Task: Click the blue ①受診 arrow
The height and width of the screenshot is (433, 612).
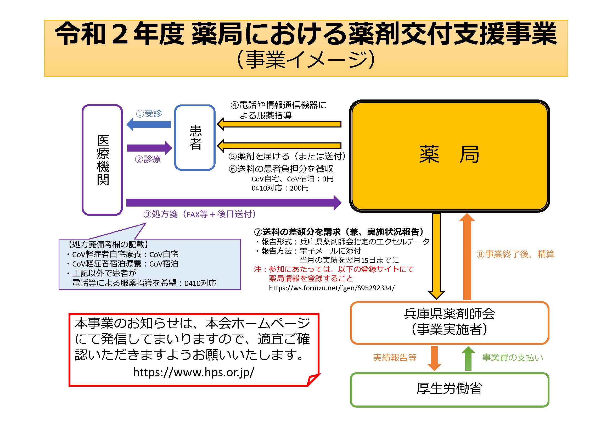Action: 148,124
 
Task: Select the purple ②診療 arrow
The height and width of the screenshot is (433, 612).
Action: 150,148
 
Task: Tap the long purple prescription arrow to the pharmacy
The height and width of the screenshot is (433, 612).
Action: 234,203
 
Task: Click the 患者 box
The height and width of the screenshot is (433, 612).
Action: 195,138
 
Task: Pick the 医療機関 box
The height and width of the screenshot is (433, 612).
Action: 102,160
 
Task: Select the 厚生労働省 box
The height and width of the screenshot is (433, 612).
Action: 450,390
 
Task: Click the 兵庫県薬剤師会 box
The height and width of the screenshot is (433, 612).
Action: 450,323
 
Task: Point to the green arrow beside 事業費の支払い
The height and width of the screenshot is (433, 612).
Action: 468,358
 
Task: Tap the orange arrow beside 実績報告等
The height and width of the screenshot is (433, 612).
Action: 435,358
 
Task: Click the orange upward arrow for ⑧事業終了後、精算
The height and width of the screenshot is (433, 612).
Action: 467,256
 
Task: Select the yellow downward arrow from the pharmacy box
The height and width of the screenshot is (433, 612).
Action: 436,256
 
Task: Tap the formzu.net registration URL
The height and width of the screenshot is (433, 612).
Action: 332,288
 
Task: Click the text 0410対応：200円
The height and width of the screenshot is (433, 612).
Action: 280,188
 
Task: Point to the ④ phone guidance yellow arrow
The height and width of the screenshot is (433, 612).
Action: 279,124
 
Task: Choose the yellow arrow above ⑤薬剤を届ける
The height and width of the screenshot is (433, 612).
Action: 279,146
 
